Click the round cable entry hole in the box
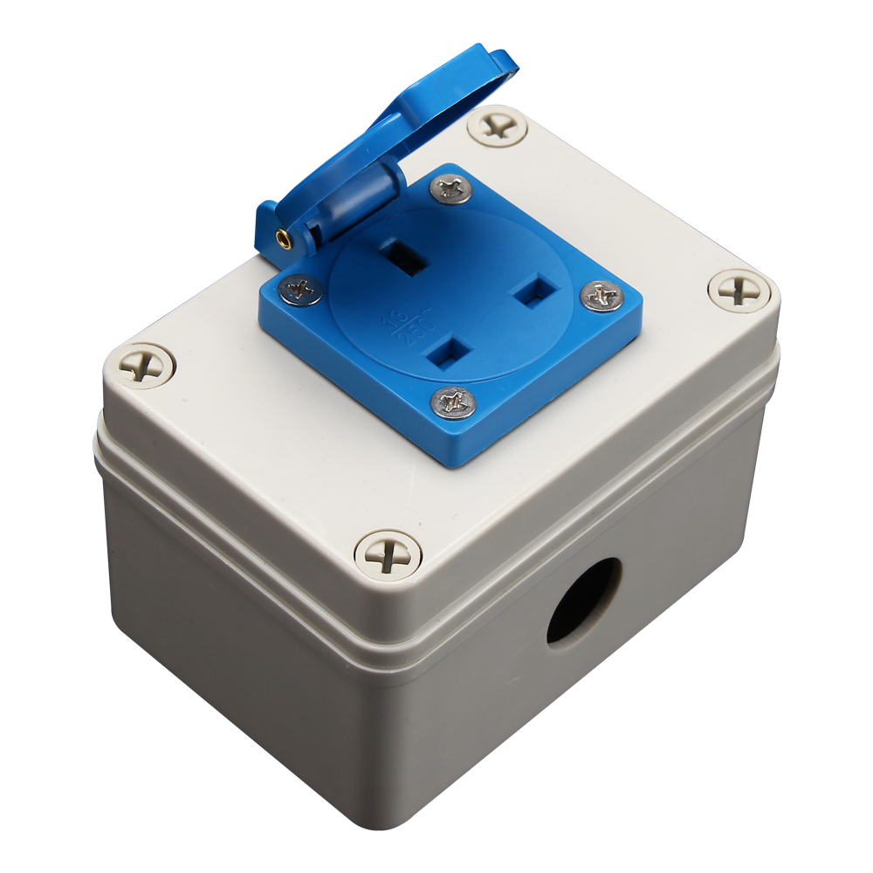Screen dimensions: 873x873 (x=583, y=601)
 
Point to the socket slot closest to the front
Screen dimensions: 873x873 (x=448, y=353)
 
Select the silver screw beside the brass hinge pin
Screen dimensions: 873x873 (x=302, y=289)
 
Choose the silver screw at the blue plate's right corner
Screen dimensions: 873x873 (x=601, y=297)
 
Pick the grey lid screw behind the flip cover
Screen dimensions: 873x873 (x=498, y=127)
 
